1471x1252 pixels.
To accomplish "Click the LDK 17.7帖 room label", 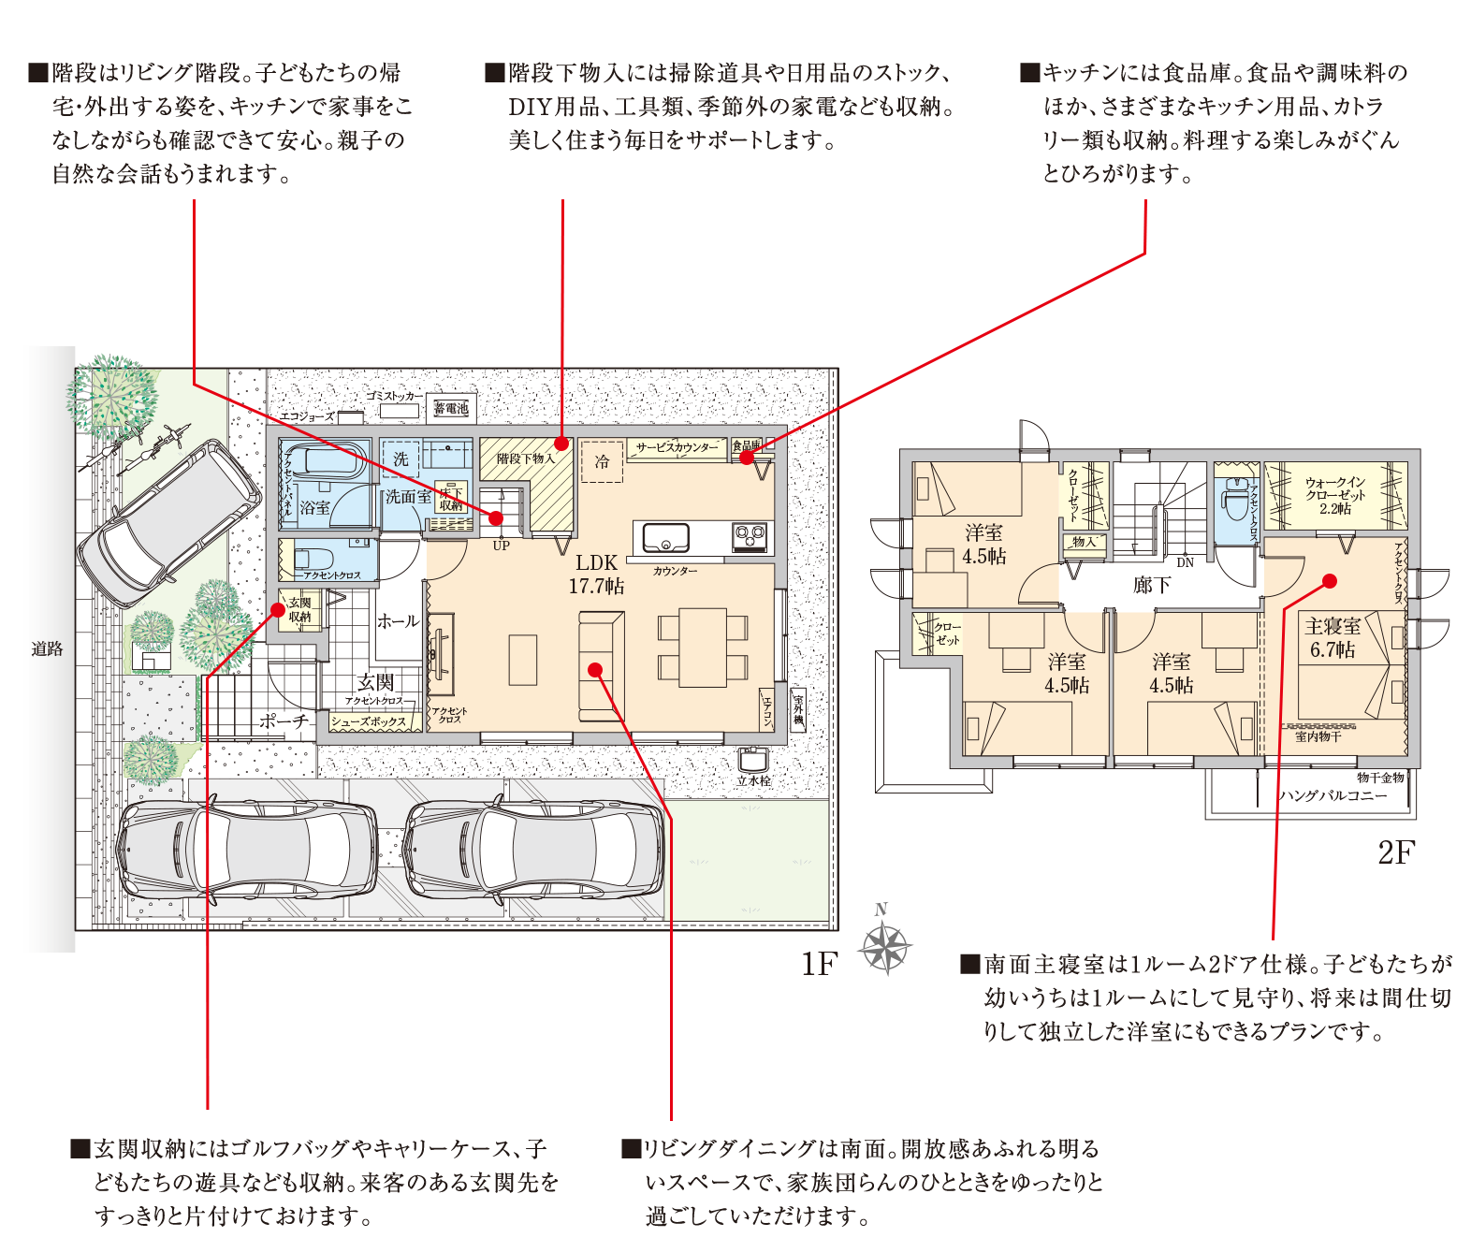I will [596, 574].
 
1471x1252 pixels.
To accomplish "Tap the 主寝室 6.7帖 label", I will [1333, 637].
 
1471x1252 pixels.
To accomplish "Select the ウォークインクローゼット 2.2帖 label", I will [1335, 495].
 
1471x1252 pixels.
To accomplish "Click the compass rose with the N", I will [884, 946].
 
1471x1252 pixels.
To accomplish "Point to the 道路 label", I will [47, 648].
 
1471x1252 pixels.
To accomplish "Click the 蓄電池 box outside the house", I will [451, 408].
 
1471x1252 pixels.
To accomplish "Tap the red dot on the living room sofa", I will [595, 669].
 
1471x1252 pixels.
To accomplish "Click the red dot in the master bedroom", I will [1330, 581].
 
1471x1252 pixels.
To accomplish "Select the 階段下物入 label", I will [525, 459].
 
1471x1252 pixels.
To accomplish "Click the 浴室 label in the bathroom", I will [314, 508].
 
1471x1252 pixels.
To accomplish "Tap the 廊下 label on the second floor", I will [1151, 585].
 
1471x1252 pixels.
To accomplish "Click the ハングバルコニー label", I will [1333, 795].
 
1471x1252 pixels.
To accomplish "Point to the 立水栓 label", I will [753, 780].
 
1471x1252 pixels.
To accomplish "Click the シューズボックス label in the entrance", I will [368, 721].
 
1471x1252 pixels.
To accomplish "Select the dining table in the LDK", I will [702, 648].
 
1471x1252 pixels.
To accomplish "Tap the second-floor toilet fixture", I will [1235, 502].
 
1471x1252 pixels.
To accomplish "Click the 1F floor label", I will [819, 964].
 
